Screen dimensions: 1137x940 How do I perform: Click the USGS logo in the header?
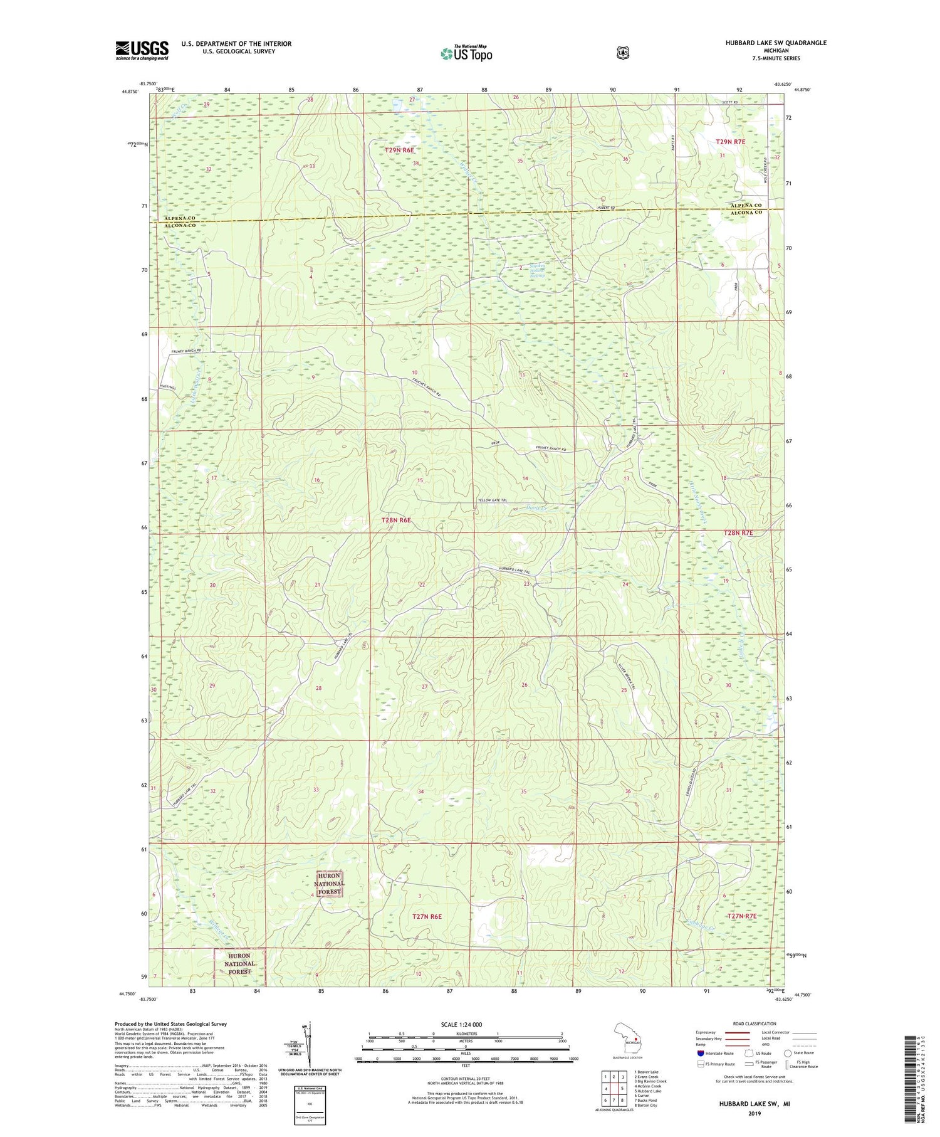pos(142,50)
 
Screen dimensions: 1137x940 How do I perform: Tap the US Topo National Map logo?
pos(466,53)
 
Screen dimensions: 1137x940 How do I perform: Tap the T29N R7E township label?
pos(730,142)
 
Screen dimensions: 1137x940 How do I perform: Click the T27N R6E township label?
pos(427,916)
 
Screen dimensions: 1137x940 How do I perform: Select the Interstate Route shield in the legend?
pos(700,1053)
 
